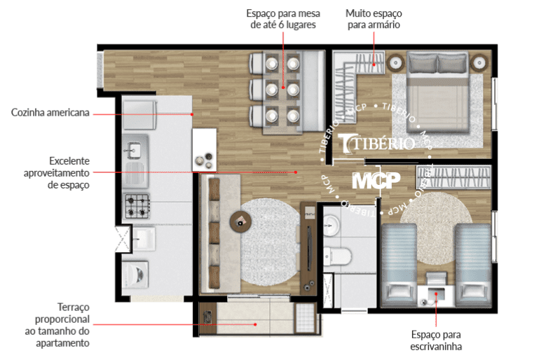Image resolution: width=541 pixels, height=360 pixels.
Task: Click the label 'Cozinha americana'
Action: [x=50, y=113]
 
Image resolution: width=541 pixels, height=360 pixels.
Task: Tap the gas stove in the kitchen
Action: [x=137, y=206]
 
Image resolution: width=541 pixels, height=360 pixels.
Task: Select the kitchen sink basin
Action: [x=135, y=151]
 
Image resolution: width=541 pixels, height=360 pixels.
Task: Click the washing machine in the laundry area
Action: [x=135, y=275]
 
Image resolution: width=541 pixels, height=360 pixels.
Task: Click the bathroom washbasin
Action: [x=331, y=225]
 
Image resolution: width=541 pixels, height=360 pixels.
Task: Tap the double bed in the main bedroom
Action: [x=437, y=92]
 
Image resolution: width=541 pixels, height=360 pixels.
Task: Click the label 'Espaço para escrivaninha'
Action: [x=436, y=340]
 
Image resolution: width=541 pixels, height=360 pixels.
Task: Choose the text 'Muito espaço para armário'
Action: [x=374, y=19]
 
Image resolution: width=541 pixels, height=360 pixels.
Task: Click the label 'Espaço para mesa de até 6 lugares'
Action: [x=283, y=19]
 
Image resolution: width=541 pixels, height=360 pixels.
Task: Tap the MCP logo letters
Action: [x=376, y=180]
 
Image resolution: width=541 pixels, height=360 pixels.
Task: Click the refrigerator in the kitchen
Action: [x=139, y=115]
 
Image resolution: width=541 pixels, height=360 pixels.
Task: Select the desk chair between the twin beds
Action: [x=436, y=279]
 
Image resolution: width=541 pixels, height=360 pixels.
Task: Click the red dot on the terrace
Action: [x=255, y=324]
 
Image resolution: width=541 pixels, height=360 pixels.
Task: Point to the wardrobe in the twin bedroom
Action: [x=453, y=177]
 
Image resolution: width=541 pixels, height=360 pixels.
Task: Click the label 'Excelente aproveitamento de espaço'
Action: [x=57, y=173]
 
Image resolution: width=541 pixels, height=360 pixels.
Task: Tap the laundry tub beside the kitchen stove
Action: [x=144, y=239]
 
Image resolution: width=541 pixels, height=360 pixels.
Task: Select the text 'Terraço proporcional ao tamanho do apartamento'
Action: [x=57, y=325]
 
